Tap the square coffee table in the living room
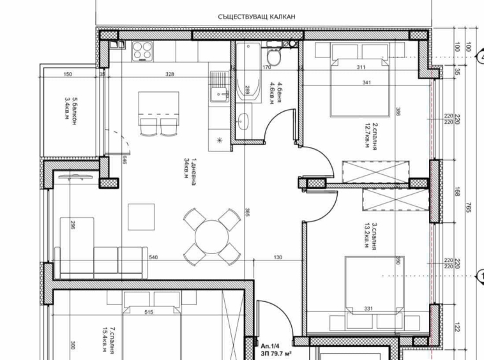point(141,216)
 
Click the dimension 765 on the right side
point(468,207)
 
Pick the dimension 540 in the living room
point(153,257)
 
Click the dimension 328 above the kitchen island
point(169,75)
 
